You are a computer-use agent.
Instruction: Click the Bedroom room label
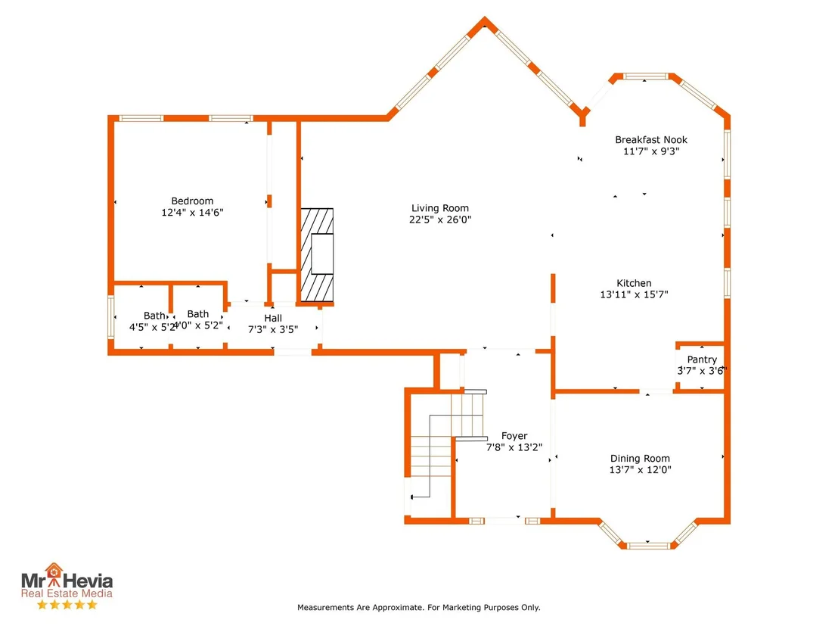192,201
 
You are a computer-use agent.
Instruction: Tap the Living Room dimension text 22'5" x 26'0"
440,220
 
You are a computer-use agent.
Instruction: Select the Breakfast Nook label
651,139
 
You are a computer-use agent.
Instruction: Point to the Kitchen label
634,283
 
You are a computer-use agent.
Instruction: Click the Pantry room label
702,360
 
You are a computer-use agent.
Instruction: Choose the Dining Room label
640,459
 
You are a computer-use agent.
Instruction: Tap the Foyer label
514,436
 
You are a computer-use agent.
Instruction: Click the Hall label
272,318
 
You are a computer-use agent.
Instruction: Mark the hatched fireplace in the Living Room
317,255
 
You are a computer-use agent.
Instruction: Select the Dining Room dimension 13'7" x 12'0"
641,469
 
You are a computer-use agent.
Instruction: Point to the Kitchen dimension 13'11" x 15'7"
634,294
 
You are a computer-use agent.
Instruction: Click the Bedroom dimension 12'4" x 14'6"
192,213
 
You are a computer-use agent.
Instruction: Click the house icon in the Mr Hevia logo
54,570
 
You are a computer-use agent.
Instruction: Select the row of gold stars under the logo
67,605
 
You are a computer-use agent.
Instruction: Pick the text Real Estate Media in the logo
67,593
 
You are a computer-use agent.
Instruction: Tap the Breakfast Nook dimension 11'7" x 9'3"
651,151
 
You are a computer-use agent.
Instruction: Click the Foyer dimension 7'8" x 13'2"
514,447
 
